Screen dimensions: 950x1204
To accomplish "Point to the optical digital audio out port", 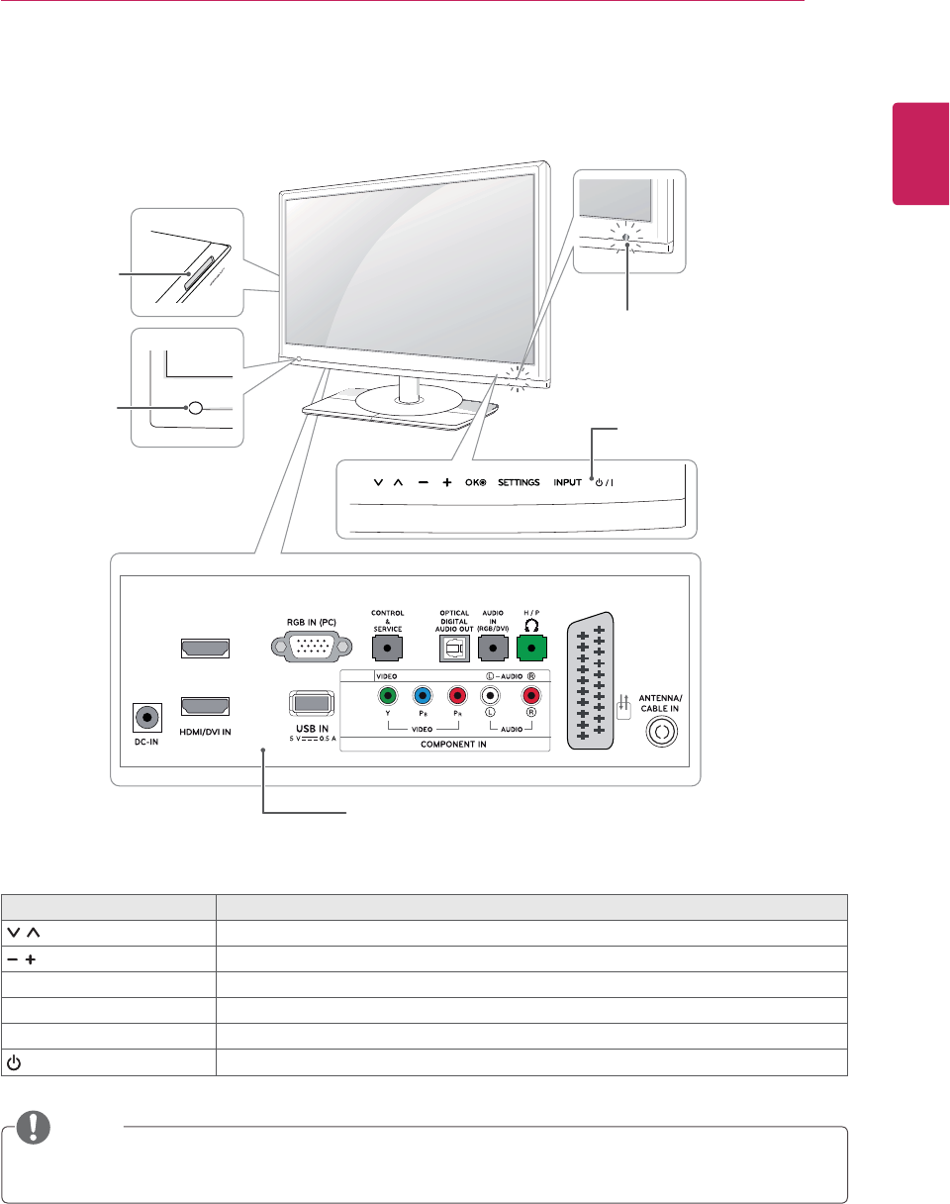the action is [454, 649].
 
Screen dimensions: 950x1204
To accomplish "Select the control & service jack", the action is [387, 649].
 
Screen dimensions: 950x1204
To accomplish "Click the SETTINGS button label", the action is [519, 483].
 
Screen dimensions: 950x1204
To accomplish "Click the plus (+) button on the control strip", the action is [446, 483].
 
